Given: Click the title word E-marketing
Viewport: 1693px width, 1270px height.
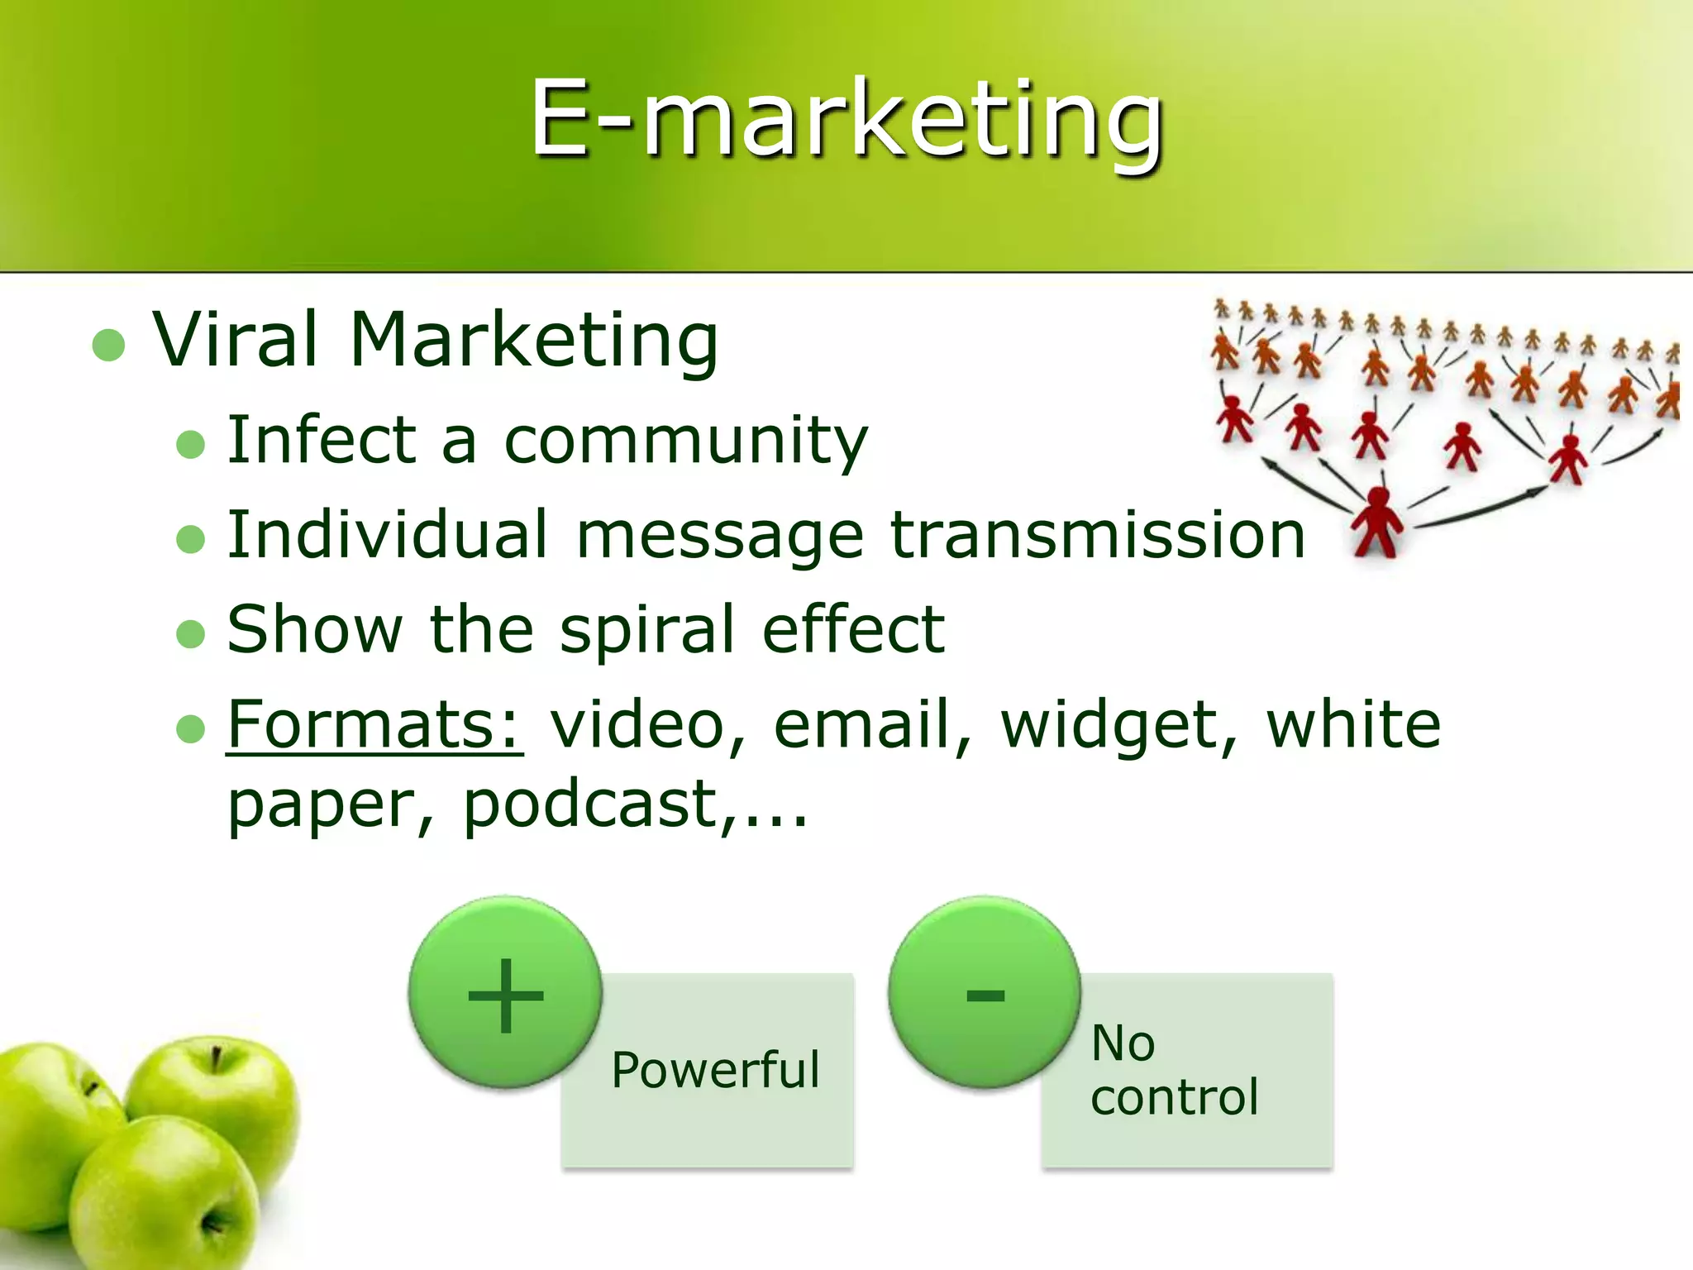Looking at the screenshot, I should [x=846, y=120].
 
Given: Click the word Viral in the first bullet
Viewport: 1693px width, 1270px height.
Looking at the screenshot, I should [x=236, y=341].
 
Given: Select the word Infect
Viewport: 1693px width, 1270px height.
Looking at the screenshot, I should [x=321, y=440].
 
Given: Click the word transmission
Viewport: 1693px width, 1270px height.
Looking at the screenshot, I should [x=1097, y=535].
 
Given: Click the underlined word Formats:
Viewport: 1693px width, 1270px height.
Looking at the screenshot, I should [x=374, y=725].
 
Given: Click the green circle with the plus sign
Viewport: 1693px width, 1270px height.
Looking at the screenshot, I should [x=505, y=993].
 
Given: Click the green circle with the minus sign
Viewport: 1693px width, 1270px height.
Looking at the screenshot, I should [x=985, y=993].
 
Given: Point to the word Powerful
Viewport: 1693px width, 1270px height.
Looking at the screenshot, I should [x=715, y=1070].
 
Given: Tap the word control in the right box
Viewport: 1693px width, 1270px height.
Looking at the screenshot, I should [x=1174, y=1098].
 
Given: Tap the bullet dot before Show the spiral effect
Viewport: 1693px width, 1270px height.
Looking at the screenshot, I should [x=190, y=634].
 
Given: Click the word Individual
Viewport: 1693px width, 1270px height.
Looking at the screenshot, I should [x=388, y=535].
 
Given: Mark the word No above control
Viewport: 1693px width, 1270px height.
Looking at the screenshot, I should [x=1122, y=1043].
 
